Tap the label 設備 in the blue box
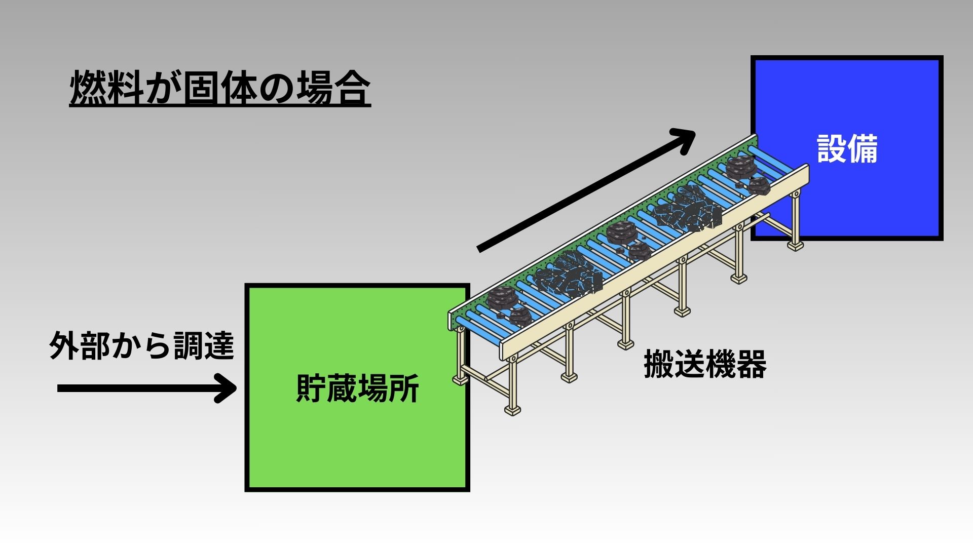coord(847,149)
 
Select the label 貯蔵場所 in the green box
coord(357,388)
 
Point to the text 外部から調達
coord(142,346)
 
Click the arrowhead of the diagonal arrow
coord(685,139)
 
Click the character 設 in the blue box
coord(832,149)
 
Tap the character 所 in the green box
coord(404,388)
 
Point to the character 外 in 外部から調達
coord(64,346)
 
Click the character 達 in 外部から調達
coord(219,346)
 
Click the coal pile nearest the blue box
coord(747,175)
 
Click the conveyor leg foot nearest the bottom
coord(512,410)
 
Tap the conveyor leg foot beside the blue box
coord(795,246)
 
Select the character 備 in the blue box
coord(863,149)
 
